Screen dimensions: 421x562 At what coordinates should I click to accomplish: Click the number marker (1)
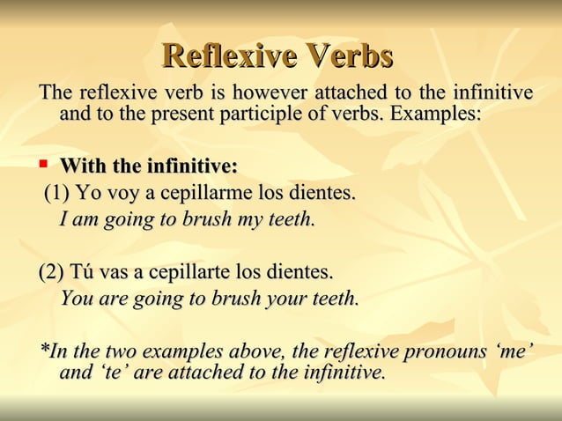pyautogui.click(x=58, y=192)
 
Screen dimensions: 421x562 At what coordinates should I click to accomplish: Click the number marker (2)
pyautogui.click(x=53, y=270)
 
